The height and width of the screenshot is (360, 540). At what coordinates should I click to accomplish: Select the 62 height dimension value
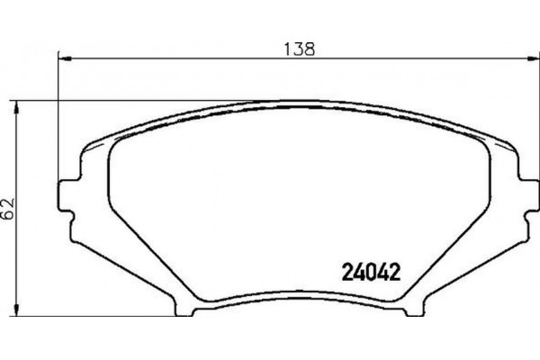pos(8,210)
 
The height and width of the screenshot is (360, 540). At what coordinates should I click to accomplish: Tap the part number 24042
pos(371,269)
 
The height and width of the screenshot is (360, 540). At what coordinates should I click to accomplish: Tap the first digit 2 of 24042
pos(348,269)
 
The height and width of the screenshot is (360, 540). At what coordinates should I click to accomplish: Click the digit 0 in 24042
pos(371,269)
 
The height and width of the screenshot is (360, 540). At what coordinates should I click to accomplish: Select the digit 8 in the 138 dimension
pos(311,49)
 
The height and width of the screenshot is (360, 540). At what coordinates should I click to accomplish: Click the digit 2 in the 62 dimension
pos(8,203)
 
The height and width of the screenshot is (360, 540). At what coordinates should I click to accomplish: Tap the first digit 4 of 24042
pos(359,269)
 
